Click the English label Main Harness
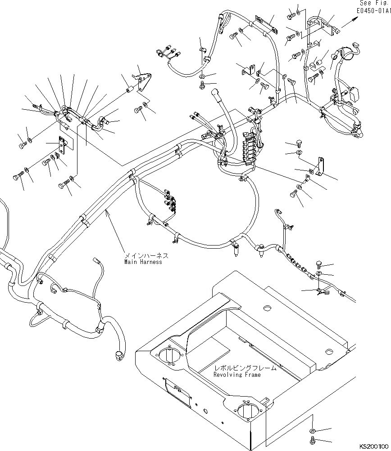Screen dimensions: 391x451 [143, 262]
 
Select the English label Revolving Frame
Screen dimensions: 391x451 [237, 375]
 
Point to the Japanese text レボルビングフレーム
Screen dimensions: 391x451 [245, 368]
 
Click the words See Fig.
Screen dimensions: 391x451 [375, 3]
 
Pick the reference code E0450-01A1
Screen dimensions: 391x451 [374, 11]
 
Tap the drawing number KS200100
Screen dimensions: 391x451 [374, 447]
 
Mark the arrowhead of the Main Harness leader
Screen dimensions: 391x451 [107, 212]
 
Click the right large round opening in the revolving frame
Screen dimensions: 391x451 [248, 412]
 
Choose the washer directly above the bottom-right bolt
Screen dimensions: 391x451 [312, 431]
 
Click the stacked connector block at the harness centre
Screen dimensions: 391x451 [247, 147]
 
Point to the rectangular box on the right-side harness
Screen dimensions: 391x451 [353, 94]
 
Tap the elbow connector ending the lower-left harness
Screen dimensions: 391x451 [118, 356]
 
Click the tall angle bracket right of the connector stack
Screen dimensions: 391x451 [320, 166]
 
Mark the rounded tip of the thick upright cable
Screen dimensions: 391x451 [215, 92]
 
